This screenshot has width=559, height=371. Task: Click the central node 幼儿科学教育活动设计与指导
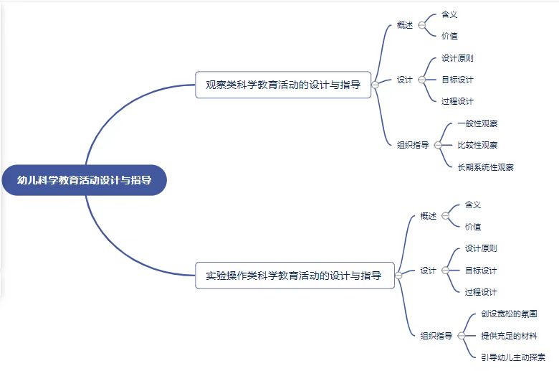[x=85, y=180]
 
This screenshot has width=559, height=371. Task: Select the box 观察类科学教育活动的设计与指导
[x=283, y=84]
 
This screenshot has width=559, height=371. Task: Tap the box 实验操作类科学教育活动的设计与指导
[x=294, y=275]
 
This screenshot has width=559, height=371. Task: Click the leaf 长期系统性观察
[x=485, y=167]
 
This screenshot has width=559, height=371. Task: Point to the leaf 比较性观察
[x=477, y=145]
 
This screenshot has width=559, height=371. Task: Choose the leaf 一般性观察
[x=477, y=123]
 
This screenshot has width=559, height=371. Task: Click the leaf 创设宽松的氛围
[x=510, y=314]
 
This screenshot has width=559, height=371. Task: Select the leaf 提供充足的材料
[x=510, y=335]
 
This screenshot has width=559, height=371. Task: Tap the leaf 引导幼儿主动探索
[x=513, y=357]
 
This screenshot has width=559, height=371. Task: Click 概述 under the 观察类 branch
[x=405, y=25]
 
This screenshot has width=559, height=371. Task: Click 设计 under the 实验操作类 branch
[x=429, y=271]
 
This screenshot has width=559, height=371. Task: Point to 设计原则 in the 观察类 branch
[x=457, y=58]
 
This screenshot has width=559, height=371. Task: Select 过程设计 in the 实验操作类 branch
[x=481, y=292]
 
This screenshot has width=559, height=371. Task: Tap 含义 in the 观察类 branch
[x=449, y=14]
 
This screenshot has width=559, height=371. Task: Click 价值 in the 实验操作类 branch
[x=473, y=227]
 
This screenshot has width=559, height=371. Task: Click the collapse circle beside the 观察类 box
[x=375, y=85]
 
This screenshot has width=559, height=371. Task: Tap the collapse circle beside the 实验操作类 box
[x=398, y=276]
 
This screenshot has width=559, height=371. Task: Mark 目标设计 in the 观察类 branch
[x=457, y=80]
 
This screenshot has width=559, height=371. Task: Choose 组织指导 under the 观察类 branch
[x=413, y=145]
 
